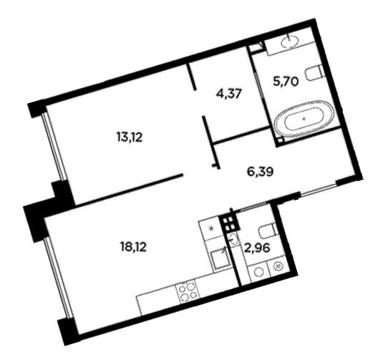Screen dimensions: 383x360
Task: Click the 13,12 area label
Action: pos(130,137)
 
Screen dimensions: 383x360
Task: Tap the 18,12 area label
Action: pos(133,248)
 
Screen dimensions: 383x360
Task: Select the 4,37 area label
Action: pos(229,94)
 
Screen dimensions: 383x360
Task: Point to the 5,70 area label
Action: pos(286,82)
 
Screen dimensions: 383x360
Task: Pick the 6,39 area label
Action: pos(260,172)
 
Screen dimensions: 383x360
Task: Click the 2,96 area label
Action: pos(257,248)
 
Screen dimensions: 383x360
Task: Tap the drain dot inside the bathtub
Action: pos(304,120)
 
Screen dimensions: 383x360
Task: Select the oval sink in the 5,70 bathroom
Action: pos(289,42)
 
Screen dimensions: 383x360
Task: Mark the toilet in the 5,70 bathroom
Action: pos(314,73)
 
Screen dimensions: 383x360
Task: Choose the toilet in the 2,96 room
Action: pos(268,230)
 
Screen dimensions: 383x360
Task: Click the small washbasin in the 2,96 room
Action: pos(233,239)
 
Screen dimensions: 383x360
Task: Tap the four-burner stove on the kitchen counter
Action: pos(188,291)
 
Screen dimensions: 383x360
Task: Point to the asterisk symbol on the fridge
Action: pos(212,228)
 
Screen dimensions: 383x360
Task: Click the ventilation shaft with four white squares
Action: pos(229,224)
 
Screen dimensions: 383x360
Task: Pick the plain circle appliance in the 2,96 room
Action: pos(258,272)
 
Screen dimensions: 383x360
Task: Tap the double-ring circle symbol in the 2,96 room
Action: pos(278,267)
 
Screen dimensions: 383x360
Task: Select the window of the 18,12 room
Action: pos(58,278)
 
